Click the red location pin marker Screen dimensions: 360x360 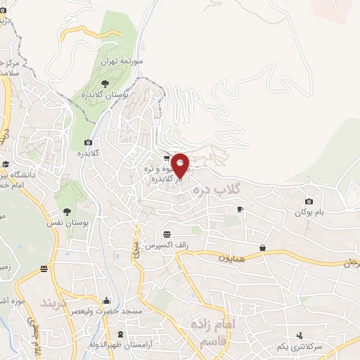point(180,165)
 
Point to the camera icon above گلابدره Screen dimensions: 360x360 point(88,142)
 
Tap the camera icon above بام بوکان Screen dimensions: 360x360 point(309,202)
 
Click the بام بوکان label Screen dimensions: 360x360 point(312,212)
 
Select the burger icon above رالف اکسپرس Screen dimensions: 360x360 point(167,234)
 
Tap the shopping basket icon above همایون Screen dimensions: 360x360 point(262,247)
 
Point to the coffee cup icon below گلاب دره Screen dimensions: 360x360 point(240,210)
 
